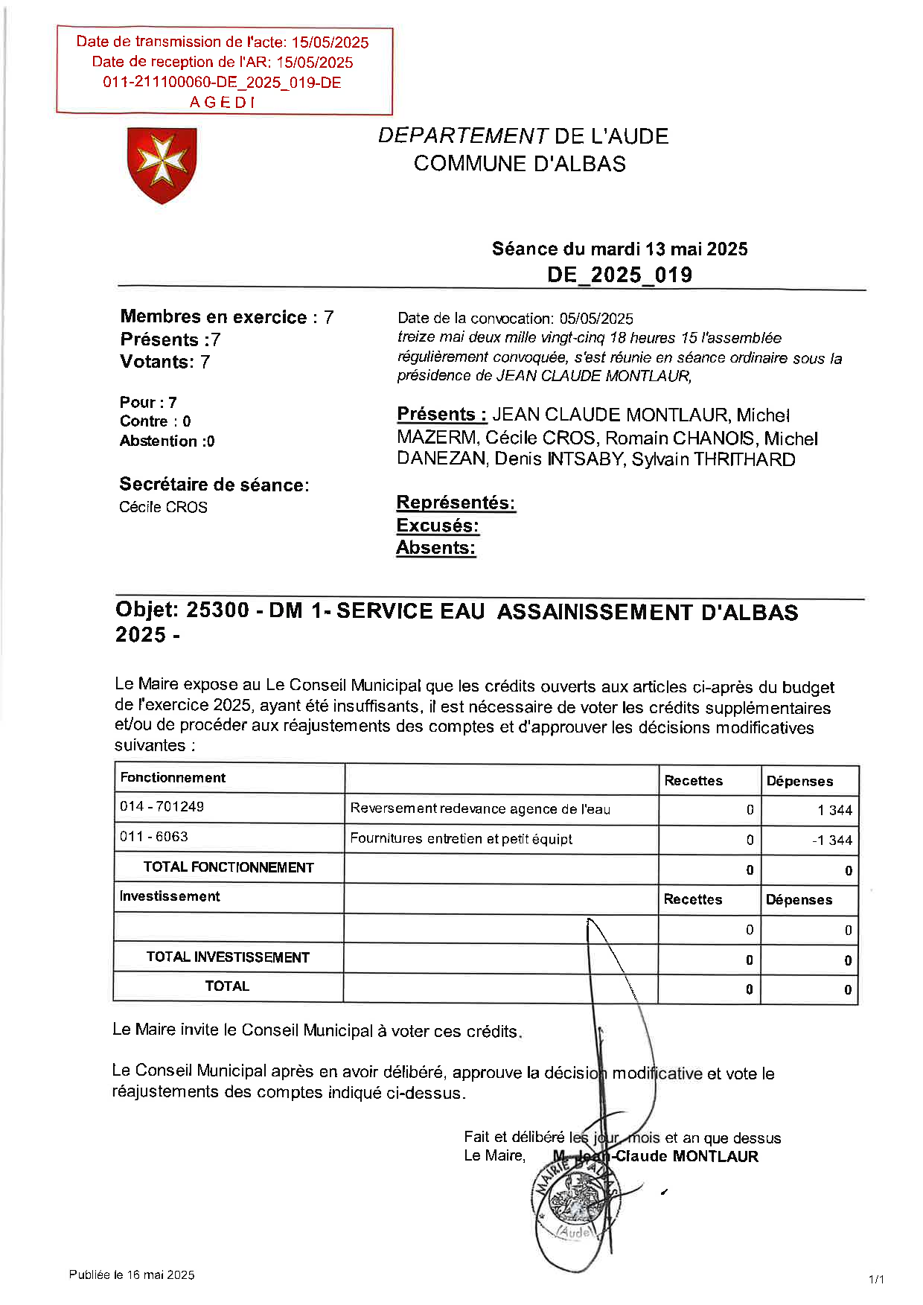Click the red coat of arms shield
162,165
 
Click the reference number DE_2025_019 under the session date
619,275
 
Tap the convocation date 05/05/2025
596,319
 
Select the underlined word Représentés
456,502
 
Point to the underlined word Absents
435,548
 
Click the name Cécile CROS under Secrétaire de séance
163,507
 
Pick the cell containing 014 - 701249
162,807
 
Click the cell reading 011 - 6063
154,837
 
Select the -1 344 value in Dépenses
832,840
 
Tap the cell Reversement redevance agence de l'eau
480,809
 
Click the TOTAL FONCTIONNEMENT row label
229,867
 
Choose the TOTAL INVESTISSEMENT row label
228,957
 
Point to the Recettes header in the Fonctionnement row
693,781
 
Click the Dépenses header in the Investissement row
799,900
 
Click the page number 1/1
876,1279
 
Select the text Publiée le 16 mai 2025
132,1274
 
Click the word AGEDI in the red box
222,103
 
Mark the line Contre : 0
155,421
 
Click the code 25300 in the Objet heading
217,610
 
